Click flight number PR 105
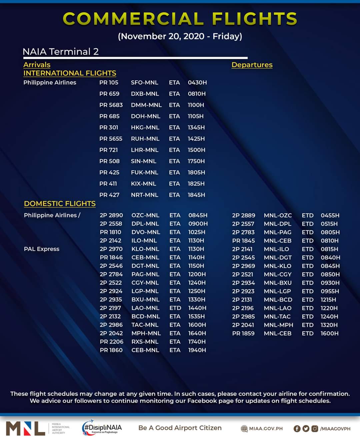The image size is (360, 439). (109, 83)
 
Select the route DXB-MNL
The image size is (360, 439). (145, 94)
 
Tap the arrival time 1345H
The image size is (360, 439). (196, 128)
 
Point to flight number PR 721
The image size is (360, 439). (109, 150)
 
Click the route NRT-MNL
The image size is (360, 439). (144, 195)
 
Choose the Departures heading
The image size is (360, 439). (252, 65)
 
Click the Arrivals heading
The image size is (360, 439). (37, 65)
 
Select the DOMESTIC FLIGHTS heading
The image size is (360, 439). (60, 204)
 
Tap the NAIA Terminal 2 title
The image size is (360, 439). (60, 52)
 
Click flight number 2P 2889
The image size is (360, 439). (243, 216)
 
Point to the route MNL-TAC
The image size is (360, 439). (277, 316)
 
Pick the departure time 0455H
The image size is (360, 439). (330, 216)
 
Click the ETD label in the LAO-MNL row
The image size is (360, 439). (175, 308)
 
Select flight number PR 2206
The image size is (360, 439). (111, 342)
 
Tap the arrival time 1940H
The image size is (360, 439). (197, 350)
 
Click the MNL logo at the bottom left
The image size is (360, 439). (26, 428)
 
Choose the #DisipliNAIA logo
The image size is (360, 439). (102, 428)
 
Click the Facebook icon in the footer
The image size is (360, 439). (297, 429)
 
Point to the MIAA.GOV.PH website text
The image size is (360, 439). (266, 429)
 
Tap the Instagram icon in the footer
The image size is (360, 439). (314, 429)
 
